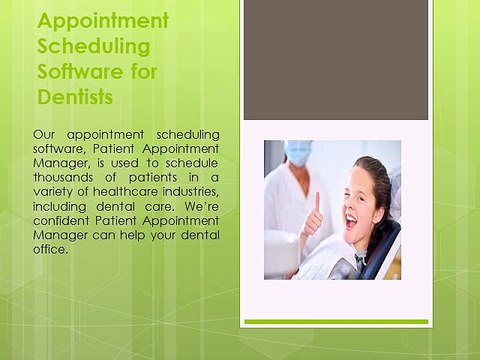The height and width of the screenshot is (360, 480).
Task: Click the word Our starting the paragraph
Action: pyautogui.click(x=46, y=134)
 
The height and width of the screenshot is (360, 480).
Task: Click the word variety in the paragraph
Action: pyautogui.click(x=54, y=193)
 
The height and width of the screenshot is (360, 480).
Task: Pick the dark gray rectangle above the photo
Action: pyautogui.click(x=336, y=60)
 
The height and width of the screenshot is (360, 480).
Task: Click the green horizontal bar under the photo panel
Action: pyautogui.click(x=336, y=322)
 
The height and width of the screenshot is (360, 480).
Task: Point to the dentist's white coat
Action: pyautogui.click(x=285, y=210)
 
